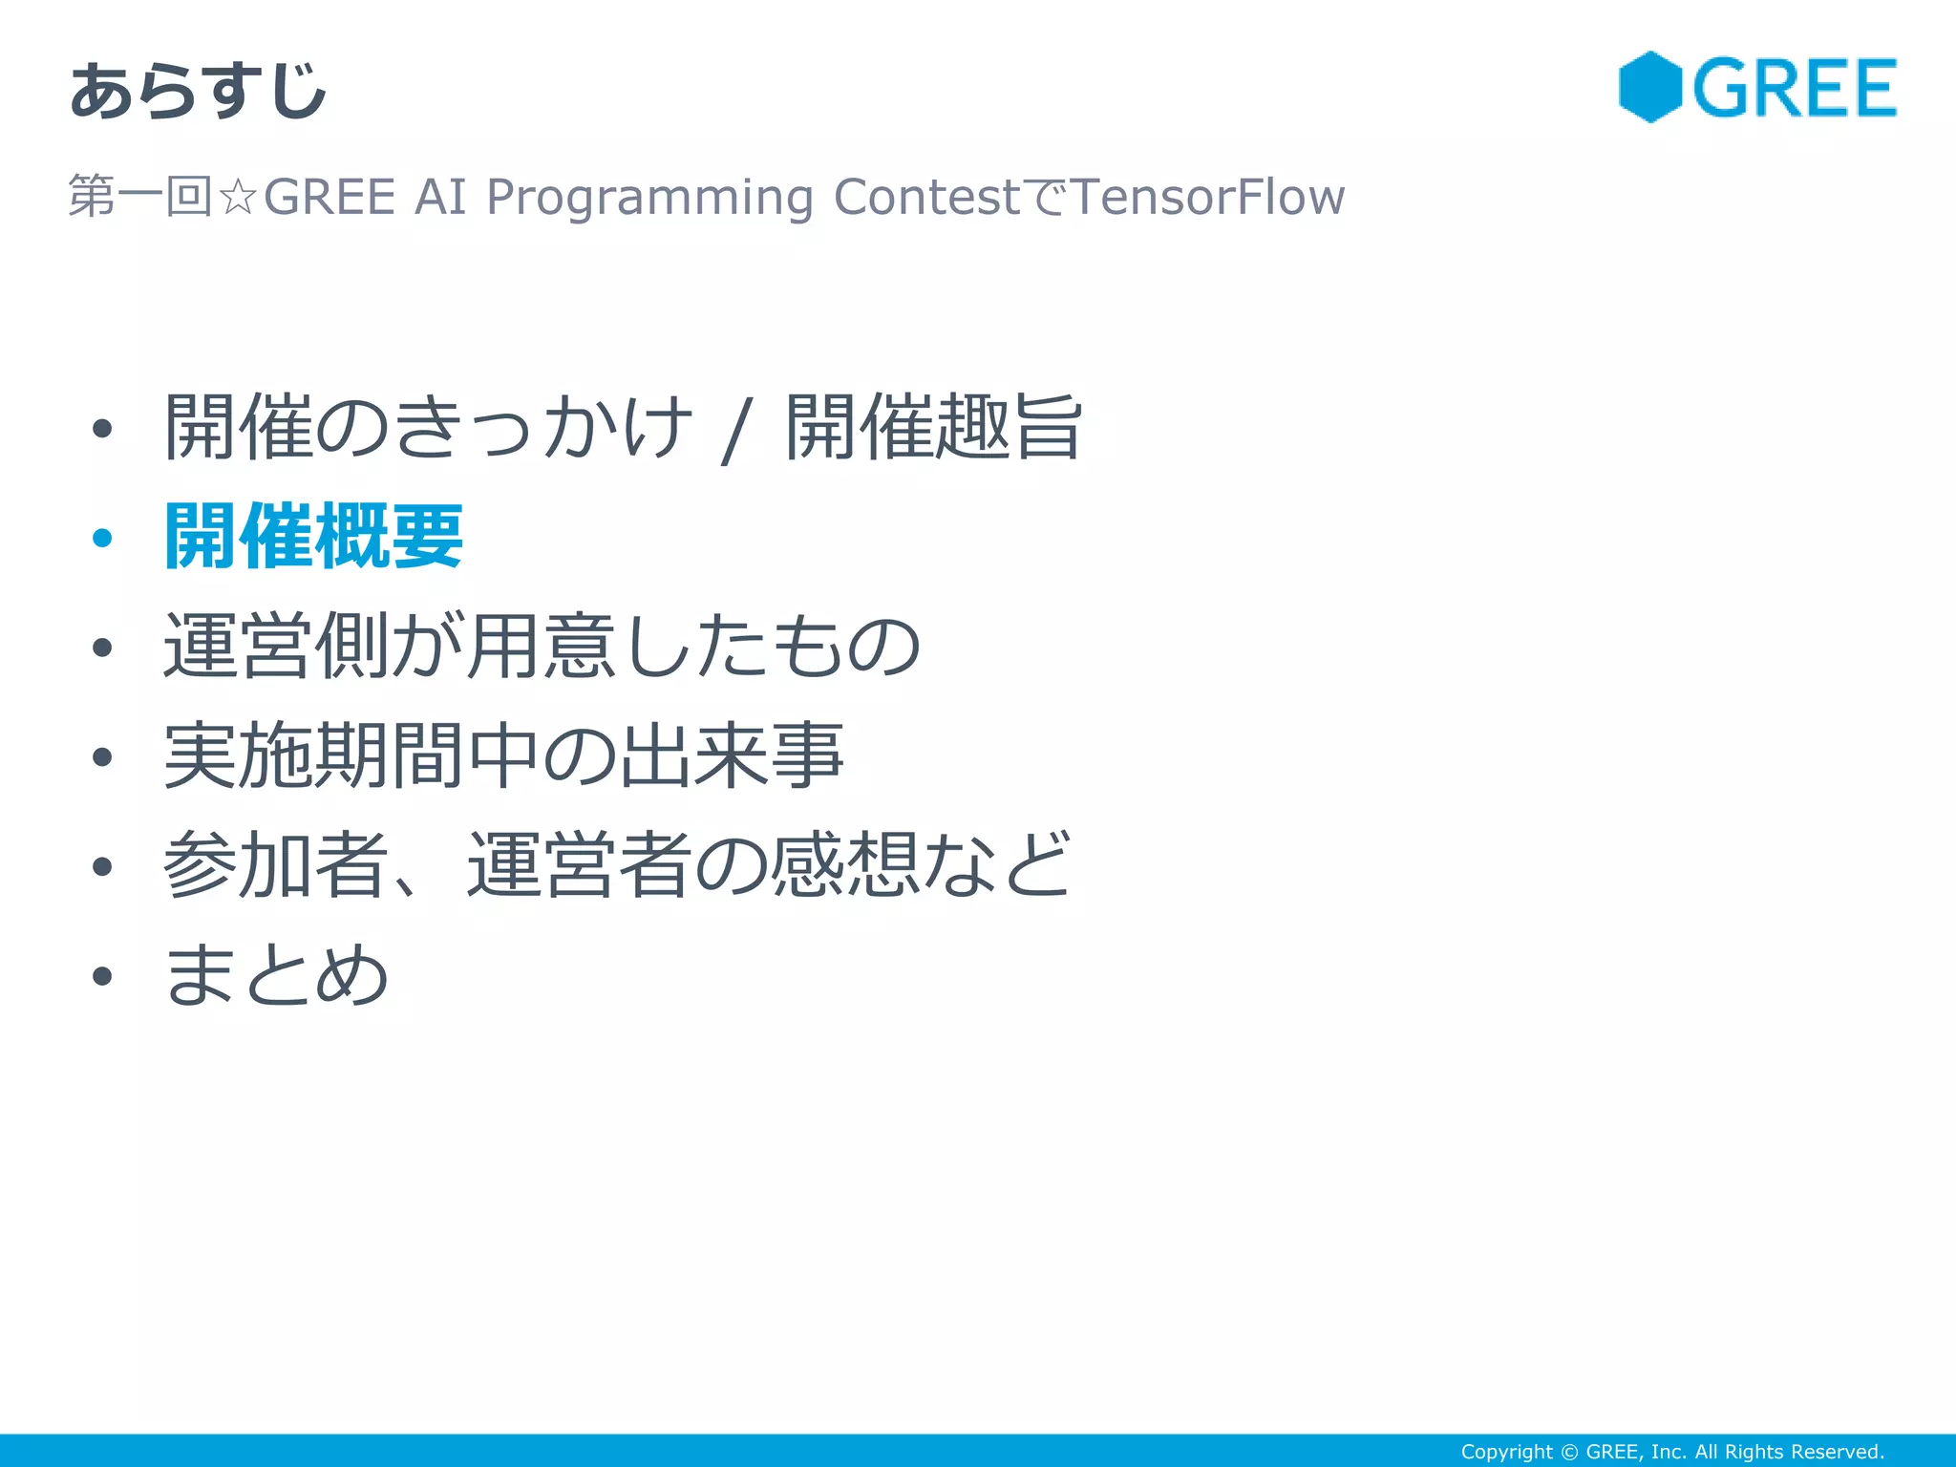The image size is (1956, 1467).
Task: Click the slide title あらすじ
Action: tap(198, 91)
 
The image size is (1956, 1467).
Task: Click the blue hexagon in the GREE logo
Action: tap(1649, 87)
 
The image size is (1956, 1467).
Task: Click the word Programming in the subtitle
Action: tap(648, 198)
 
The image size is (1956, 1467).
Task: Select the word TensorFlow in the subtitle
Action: tap(1207, 197)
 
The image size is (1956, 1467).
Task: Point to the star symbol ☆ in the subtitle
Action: tap(237, 198)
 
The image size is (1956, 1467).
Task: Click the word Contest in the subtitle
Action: tap(926, 197)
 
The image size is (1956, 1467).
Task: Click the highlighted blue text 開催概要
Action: tap(313, 537)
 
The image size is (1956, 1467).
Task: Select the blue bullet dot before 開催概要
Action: tap(102, 538)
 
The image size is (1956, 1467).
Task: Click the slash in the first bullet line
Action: tap(736, 432)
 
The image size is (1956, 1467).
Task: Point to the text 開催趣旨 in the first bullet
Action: tap(933, 427)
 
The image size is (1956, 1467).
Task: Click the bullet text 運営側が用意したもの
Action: tap(541, 647)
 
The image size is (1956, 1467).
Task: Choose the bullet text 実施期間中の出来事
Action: tap(503, 756)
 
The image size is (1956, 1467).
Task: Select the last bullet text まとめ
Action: tap(276, 975)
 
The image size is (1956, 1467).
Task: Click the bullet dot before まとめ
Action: tap(102, 976)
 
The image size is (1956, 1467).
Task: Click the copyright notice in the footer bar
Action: tap(1671, 1452)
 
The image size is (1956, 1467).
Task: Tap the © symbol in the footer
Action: tap(1568, 1452)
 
